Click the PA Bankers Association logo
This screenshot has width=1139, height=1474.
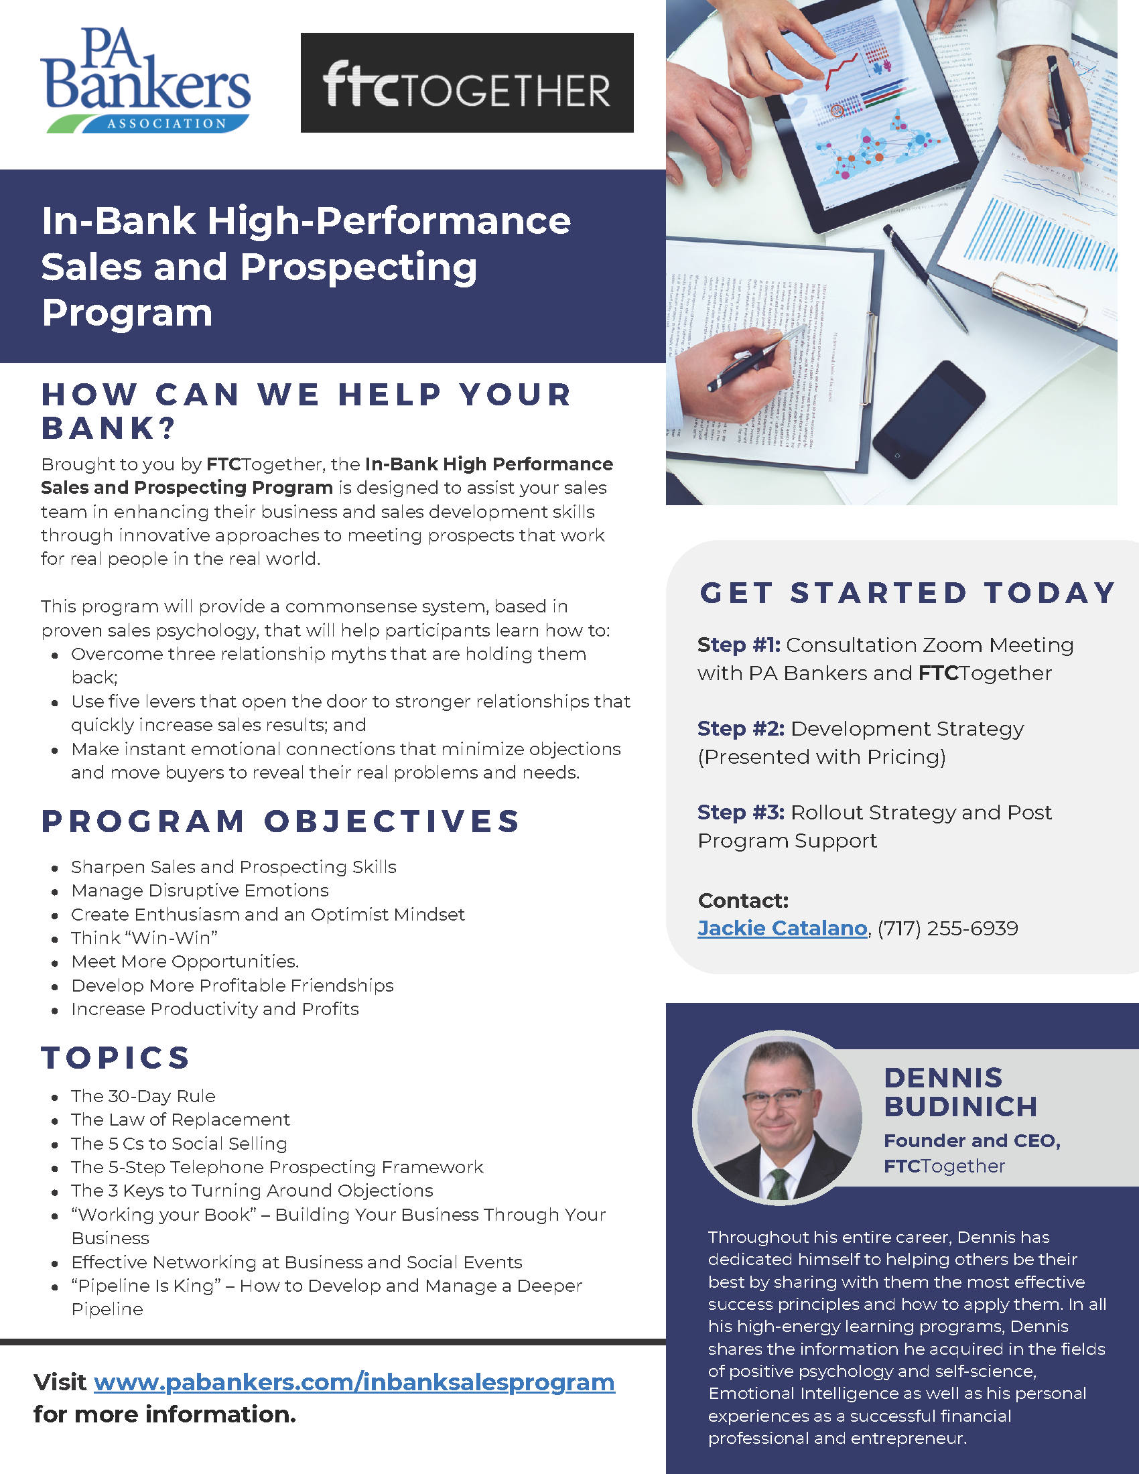click(x=145, y=80)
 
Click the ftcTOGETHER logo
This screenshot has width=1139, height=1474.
click(x=467, y=82)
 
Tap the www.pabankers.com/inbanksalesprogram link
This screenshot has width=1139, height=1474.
click(x=354, y=1382)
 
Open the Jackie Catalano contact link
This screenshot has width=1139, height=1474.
click(x=782, y=928)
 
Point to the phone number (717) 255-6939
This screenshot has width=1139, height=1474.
click(x=947, y=928)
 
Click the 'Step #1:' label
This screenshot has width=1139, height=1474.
click(x=739, y=645)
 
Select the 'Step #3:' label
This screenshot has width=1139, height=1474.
click(x=741, y=812)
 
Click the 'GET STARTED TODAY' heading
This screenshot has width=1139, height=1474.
click(x=908, y=592)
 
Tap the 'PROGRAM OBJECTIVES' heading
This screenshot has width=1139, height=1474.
click(x=280, y=821)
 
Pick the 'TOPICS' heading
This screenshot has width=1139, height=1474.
click(x=115, y=1057)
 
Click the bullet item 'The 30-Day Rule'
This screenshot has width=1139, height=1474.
click(x=143, y=1095)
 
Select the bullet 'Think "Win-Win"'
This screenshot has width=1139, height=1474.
click(x=145, y=937)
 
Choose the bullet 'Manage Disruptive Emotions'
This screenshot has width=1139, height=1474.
click(x=200, y=890)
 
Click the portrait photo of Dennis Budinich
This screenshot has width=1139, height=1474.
click(x=778, y=1117)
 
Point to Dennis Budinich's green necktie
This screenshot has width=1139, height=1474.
click(x=778, y=1185)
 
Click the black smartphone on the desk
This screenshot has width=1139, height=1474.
click(x=929, y=419)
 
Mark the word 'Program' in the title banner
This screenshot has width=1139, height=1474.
click(x=127, y=314)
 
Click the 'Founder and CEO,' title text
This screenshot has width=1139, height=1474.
click(x=972, y=1140)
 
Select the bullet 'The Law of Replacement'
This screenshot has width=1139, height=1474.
click(x=180, y=1119)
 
